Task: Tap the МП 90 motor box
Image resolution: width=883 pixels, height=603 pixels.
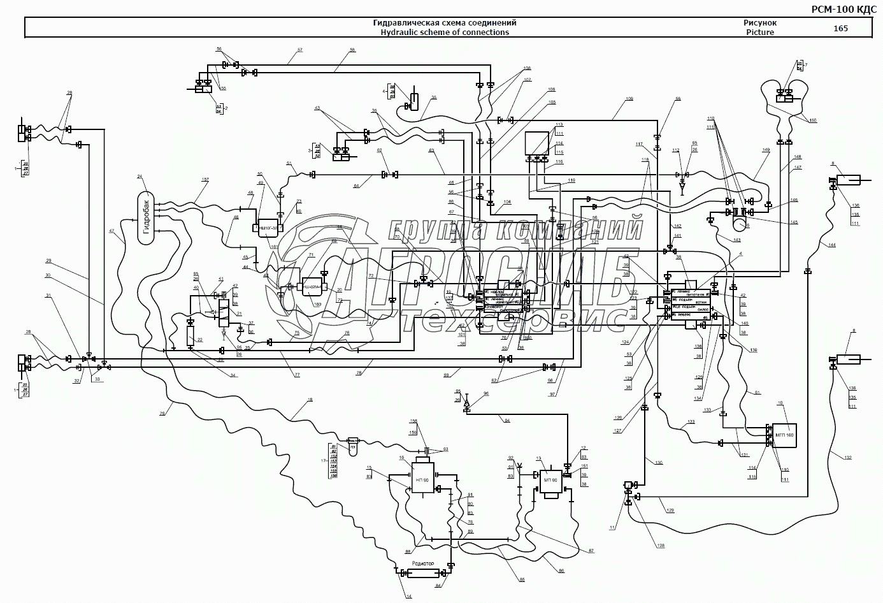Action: (549, 481)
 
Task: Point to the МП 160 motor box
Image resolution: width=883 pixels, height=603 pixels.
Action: (784, 435)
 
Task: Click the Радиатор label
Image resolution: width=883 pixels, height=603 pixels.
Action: (422, 563)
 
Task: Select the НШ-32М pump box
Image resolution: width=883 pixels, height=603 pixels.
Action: (312, 286)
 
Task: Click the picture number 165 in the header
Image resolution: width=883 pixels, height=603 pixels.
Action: (840, 28)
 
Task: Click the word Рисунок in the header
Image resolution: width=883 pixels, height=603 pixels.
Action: (760, 23)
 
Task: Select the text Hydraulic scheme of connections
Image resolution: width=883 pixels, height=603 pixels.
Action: (444, 33)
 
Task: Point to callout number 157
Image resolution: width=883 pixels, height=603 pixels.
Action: (205, 180)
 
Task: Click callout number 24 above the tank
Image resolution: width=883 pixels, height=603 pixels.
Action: (140, 177)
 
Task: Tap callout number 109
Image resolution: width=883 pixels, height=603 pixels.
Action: (629, 99)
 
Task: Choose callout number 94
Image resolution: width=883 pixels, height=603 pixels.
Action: (507, 421)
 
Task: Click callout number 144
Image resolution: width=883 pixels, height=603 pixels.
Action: (832, 245)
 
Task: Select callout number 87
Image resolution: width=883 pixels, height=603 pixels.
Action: (591, 551)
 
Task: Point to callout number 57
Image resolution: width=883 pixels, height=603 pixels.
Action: (299, 50)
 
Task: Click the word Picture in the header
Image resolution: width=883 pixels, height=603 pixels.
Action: (760, 33)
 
